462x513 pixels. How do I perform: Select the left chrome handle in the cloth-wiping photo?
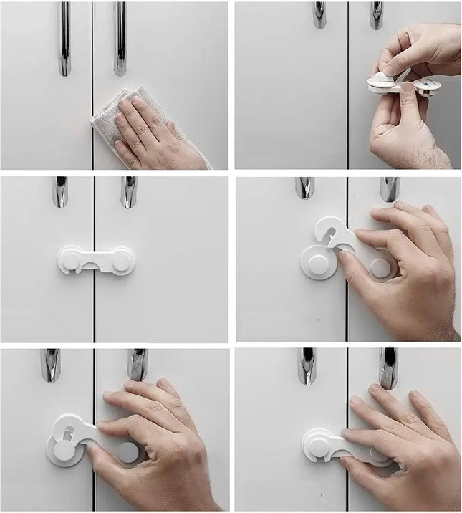coord(64,39)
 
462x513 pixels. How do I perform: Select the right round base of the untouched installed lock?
coord(122,259)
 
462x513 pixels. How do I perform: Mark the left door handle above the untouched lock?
coord(59,192)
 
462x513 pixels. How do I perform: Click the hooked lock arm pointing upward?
coord(330,233)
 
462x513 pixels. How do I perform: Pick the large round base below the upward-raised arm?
coord(316,262)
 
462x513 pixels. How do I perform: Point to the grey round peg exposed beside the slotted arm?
coord(128,451)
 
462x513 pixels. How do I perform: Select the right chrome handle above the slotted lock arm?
coord(136,364)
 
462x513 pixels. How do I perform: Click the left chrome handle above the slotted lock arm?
coord(50,365)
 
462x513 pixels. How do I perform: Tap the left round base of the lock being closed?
coord(316,444)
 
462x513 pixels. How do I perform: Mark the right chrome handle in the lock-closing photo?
coord(388,367)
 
